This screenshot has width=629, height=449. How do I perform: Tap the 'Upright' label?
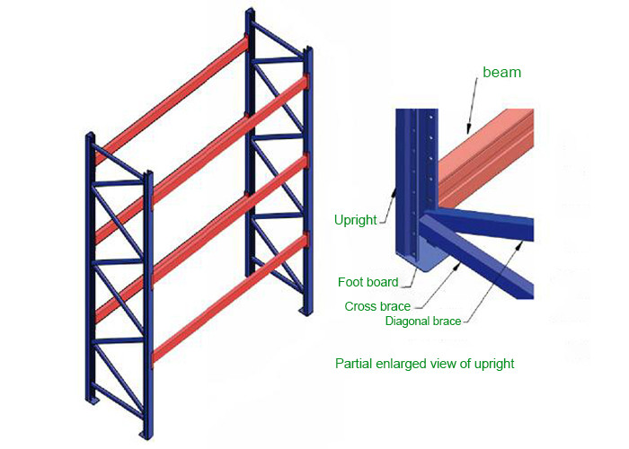click(x=355, y=219)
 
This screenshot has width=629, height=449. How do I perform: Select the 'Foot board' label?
click(x=368, y=283)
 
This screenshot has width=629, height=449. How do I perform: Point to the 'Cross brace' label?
click(x=378, y=306)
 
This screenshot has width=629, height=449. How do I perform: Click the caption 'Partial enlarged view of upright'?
click(x=424, y=364)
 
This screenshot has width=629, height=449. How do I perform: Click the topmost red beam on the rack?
click(x=171, y=99)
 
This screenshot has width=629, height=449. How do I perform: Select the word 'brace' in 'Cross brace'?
click(x=396, y=306)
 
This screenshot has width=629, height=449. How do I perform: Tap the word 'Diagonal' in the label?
click(x=406, y=321)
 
